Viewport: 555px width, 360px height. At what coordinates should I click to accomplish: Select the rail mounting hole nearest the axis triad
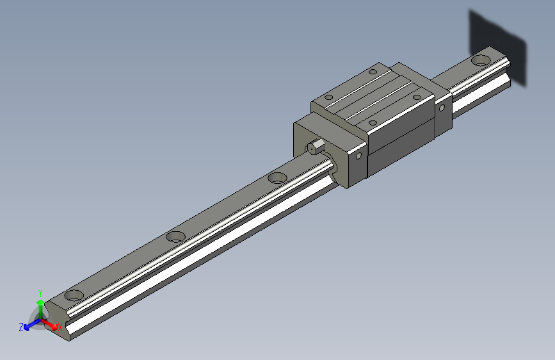[x=74, y=295]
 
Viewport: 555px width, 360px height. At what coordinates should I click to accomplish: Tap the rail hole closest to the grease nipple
[x=278, y=177]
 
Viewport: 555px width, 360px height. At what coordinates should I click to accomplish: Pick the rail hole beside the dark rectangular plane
[x=480, y=60]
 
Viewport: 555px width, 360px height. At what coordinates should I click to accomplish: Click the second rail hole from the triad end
[x=175, y=236]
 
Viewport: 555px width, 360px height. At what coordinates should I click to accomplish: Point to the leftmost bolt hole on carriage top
[x=329, y=98]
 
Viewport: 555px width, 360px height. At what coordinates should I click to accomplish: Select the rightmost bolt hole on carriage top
[x=417, y=97]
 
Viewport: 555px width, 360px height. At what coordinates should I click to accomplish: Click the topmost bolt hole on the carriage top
[x=373, y=72]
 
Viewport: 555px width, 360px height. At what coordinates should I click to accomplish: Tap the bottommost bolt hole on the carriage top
[x=373, y=121]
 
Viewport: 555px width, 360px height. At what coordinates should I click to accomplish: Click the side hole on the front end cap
[x=358, y=155]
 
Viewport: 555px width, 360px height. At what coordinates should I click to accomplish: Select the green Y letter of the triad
[x=40, y=291]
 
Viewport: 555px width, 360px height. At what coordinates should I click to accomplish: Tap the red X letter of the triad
[x=60, y=327]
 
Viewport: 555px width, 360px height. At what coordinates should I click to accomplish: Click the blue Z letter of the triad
[x=21, y=327]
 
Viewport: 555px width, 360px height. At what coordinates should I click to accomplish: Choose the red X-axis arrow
[x=51, y=324]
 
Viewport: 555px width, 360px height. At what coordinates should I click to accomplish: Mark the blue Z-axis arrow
[x=30, y=325]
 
